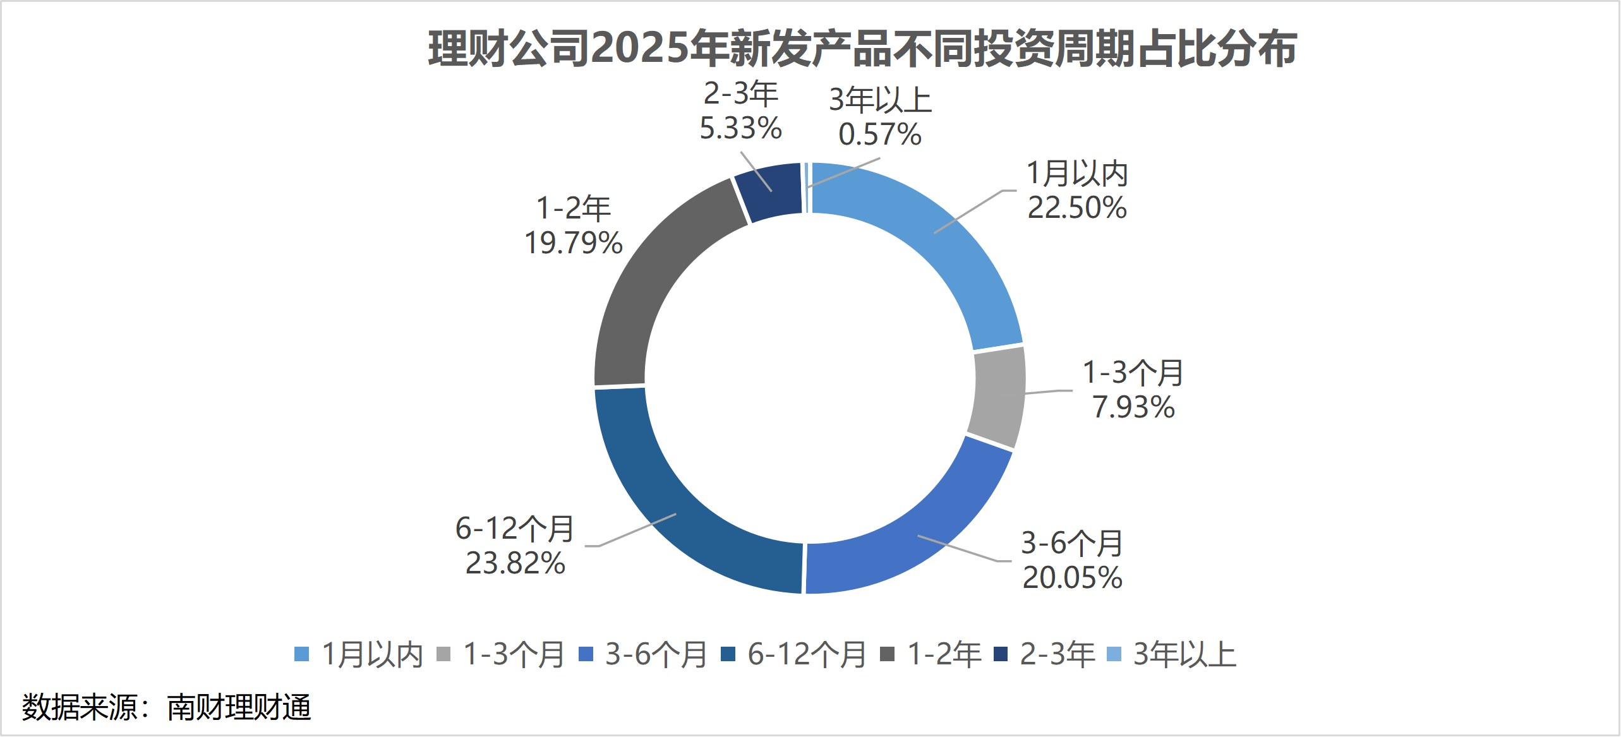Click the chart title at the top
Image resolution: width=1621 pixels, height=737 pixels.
[862, 49]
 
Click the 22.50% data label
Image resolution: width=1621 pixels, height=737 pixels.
[1077, 208]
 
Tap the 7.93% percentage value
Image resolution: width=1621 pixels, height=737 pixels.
[1133, 407]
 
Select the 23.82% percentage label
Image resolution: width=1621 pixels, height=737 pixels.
[515, 563]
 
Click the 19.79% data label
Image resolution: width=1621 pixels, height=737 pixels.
[574, 243]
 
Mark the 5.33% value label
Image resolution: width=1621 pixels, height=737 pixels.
[740, 128]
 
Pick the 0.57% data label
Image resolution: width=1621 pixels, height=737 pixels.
[880, 135]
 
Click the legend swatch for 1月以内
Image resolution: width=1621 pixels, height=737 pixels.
[302, 654]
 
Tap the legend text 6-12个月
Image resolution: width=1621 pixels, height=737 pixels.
[807, 654]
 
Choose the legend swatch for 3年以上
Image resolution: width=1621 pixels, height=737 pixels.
[1114, 654]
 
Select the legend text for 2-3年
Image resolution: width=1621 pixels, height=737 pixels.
[1058, 654]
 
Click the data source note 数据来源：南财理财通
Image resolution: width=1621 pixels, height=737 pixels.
[167, 707]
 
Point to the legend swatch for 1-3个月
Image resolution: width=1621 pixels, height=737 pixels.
[444, 654]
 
